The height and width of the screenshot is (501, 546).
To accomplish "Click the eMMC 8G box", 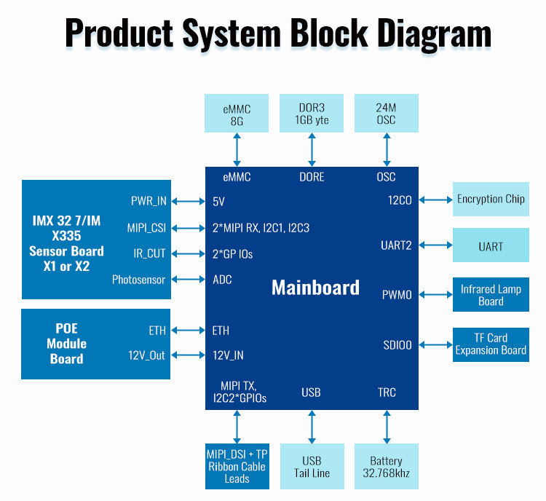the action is click(x=237, y=113).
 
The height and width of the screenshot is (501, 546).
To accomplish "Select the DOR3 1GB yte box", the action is click(x=312, y=113).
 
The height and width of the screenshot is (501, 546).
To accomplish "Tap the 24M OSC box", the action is click(x=387, y=113).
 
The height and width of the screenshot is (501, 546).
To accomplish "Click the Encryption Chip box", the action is click(x=491, y=199).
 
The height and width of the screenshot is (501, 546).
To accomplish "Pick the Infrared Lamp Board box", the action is click(x=491, y=295).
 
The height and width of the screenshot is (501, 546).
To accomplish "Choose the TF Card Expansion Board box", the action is click(x=491, y=344).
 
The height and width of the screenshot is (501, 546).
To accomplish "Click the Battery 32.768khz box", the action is click(x=387, y=467).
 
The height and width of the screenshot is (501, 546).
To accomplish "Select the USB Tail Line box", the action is click(x=312, y=467).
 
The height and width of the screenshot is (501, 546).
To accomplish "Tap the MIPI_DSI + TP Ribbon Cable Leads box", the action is click(x=237, y=467).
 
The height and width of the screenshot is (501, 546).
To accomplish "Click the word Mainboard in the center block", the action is click(x=315, y=288).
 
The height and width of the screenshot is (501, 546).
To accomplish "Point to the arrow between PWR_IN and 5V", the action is click(x=188, y=201).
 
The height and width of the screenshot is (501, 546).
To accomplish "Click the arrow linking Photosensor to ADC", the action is click(x=188, y=279).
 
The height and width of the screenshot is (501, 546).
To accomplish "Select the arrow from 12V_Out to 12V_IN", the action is click(x=188, y=355).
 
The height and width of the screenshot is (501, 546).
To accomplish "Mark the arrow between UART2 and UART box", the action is click(x=435, y=245).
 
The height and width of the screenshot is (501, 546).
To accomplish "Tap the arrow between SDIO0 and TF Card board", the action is click(x=435, y=345).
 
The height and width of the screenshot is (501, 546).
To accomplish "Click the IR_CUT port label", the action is click(x=149, y=253).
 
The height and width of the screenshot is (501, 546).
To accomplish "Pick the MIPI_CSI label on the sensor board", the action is click(x=146, y=228).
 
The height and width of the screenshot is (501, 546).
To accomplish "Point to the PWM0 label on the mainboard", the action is click(x=397, y=295).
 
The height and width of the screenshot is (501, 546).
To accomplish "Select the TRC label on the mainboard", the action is click(x=387, y=392).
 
